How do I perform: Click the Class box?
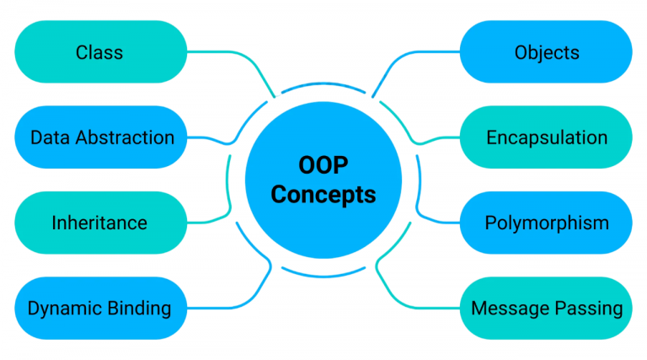[100, 52]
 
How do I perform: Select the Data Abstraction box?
[100, 137]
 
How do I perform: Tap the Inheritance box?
[100, 223]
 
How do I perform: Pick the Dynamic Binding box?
[100, 308]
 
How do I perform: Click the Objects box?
[546, 52]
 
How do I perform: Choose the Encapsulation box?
[546, 137]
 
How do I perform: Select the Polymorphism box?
[546, 223]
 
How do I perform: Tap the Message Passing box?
[546, 308]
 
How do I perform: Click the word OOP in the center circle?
[323, 166]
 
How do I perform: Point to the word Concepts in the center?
[323, 194]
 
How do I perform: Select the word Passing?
[591, 309]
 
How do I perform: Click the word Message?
[511, 309]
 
